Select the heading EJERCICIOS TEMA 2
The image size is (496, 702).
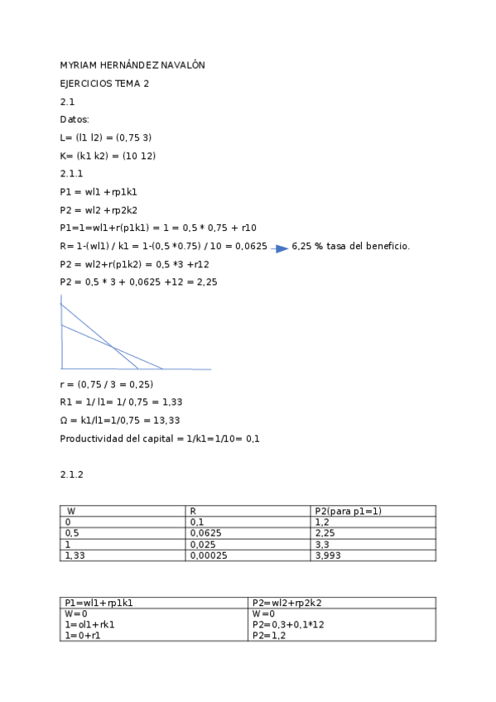104,84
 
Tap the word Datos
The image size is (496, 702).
74,119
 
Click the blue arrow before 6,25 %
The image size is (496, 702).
281,248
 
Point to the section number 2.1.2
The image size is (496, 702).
72,474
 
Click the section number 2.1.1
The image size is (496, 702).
72,174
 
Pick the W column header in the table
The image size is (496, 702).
71,512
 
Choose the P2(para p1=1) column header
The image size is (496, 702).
348,512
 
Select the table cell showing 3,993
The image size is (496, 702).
329,555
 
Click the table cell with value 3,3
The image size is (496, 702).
322,545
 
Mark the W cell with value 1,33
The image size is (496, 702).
75,555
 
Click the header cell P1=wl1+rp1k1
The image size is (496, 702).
99,603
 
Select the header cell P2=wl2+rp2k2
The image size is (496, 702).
286,603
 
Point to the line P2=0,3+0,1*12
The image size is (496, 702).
287,624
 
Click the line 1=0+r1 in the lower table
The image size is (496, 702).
84,635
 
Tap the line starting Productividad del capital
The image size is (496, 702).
160,438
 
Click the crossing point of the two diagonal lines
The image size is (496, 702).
113,346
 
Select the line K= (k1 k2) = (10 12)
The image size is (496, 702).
108,156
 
